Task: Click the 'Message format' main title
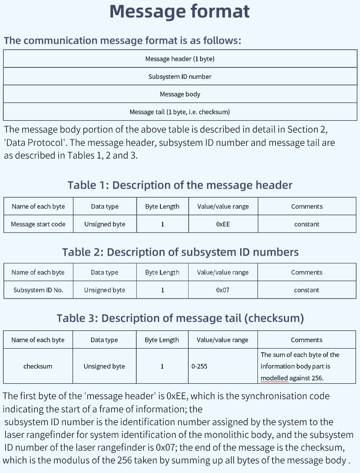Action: (180, 11)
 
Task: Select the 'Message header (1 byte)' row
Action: (180, 59)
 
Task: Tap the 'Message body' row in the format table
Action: (180, 94)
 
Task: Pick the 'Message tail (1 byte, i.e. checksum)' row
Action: (180, 112)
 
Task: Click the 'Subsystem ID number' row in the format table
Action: (180, 77)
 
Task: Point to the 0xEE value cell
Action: (223, 224)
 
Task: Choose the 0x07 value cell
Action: (223, 290)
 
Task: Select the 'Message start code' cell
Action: (38, 224)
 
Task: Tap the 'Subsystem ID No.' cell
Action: (38, 290)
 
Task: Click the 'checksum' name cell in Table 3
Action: (38, 366)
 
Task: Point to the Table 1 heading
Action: (180, 185)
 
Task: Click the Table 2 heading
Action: (180, 252)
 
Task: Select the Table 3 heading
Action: (180, 318)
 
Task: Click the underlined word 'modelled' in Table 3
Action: (274, 378)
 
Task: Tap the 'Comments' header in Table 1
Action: (307, 206)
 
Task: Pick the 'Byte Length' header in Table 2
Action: (162, 272)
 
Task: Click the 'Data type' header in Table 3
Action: (104, 340)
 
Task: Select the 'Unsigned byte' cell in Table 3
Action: (104, 366)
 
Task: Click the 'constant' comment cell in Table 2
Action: (307, 290)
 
